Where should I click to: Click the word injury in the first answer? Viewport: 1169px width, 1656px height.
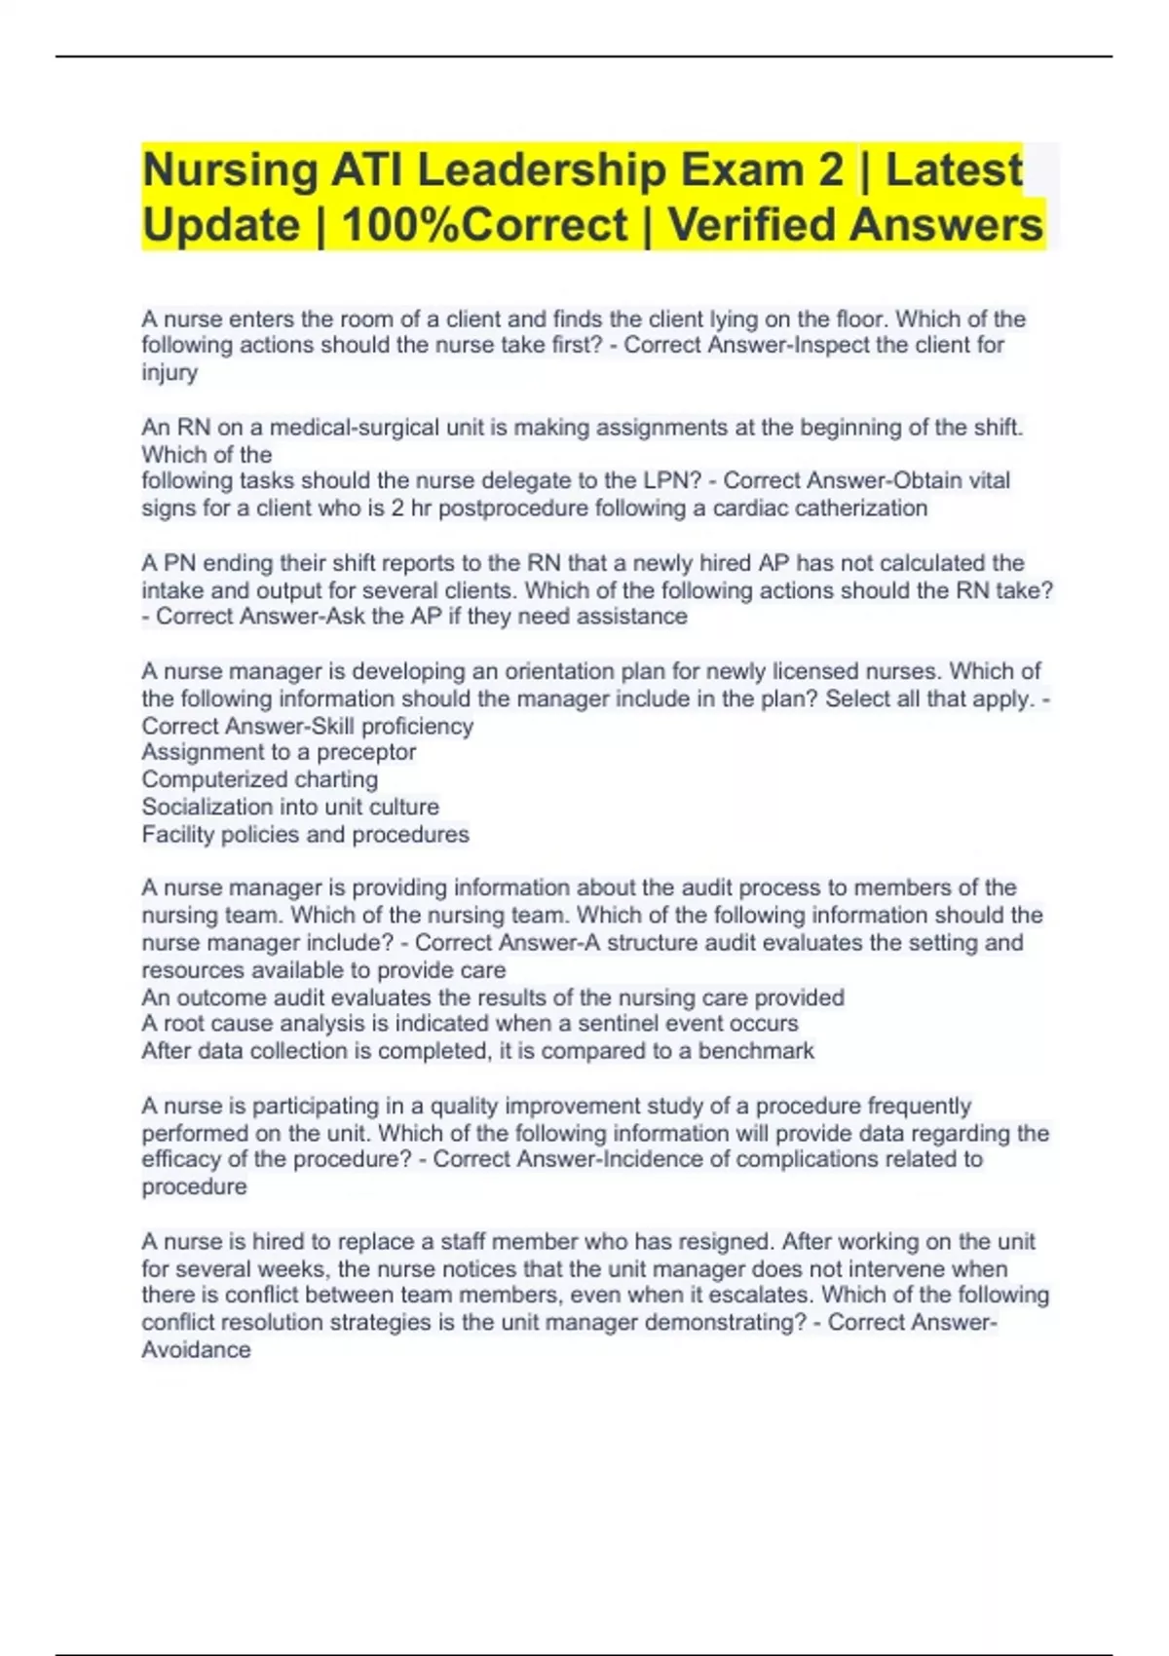coord(170,372)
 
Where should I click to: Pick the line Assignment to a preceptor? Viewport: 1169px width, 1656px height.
coord(279,753)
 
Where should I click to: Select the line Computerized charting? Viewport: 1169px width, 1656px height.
coord(260,780)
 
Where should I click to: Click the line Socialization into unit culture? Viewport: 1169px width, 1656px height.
coord(290,808)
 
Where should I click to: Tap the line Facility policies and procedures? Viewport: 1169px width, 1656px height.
coord(305,835)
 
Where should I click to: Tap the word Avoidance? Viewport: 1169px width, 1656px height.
coord(196,1350)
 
